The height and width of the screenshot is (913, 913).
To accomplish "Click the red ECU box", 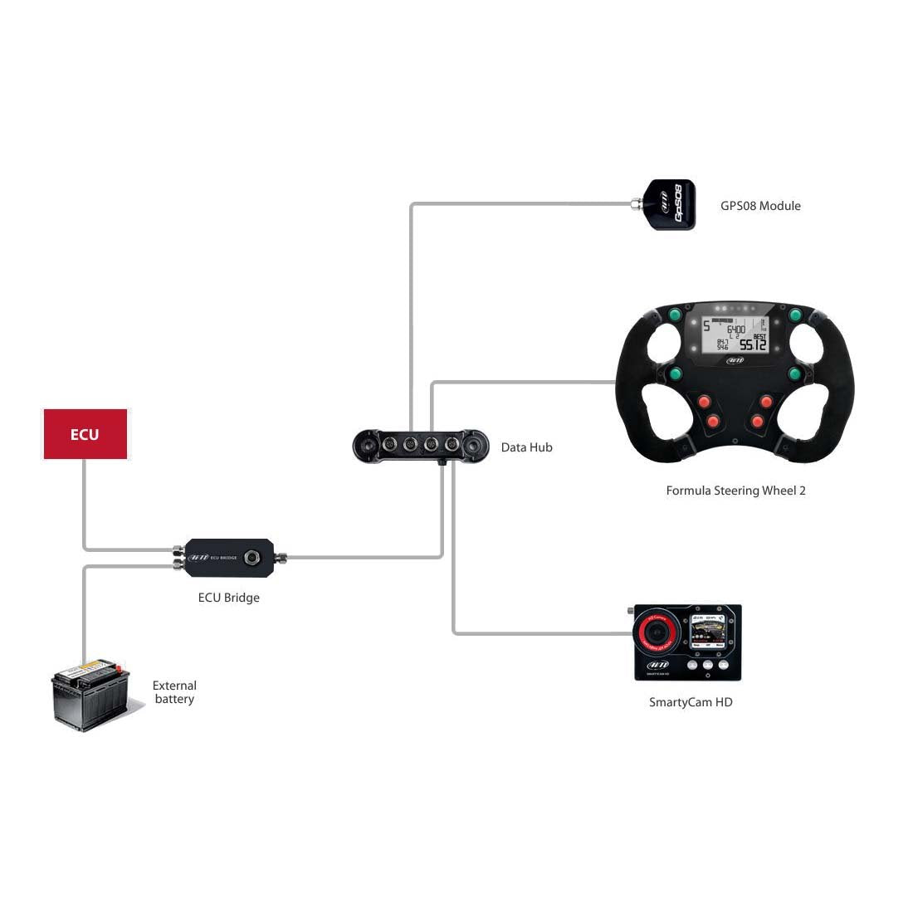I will [85, 434].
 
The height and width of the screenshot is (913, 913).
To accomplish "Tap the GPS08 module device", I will [670, 204].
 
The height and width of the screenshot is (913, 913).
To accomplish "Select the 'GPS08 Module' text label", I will [760, 206].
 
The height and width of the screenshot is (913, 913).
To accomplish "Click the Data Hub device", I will [420, 445].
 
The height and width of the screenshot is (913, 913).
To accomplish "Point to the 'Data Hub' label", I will [526, 447].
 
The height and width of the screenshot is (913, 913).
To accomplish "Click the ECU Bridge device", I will [229, 557].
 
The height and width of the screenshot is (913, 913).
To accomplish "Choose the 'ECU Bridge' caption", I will [228, 598].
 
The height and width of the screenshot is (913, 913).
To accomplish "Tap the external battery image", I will [90, 694].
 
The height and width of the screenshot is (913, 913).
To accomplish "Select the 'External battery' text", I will [174, 692].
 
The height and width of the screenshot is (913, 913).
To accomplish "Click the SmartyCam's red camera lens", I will [653, 634].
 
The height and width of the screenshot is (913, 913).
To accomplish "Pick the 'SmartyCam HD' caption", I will [691, 702].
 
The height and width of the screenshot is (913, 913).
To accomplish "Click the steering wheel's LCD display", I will [735, 333].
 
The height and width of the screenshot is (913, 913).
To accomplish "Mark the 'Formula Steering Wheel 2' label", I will [735, 491].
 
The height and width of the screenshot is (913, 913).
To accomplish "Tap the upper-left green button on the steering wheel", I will [676, 315].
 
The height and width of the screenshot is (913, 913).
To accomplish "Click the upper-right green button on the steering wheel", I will [795, 315].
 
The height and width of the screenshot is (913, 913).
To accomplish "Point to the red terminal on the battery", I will [119, 669].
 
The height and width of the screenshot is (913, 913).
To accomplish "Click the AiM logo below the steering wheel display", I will [735, 360].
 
